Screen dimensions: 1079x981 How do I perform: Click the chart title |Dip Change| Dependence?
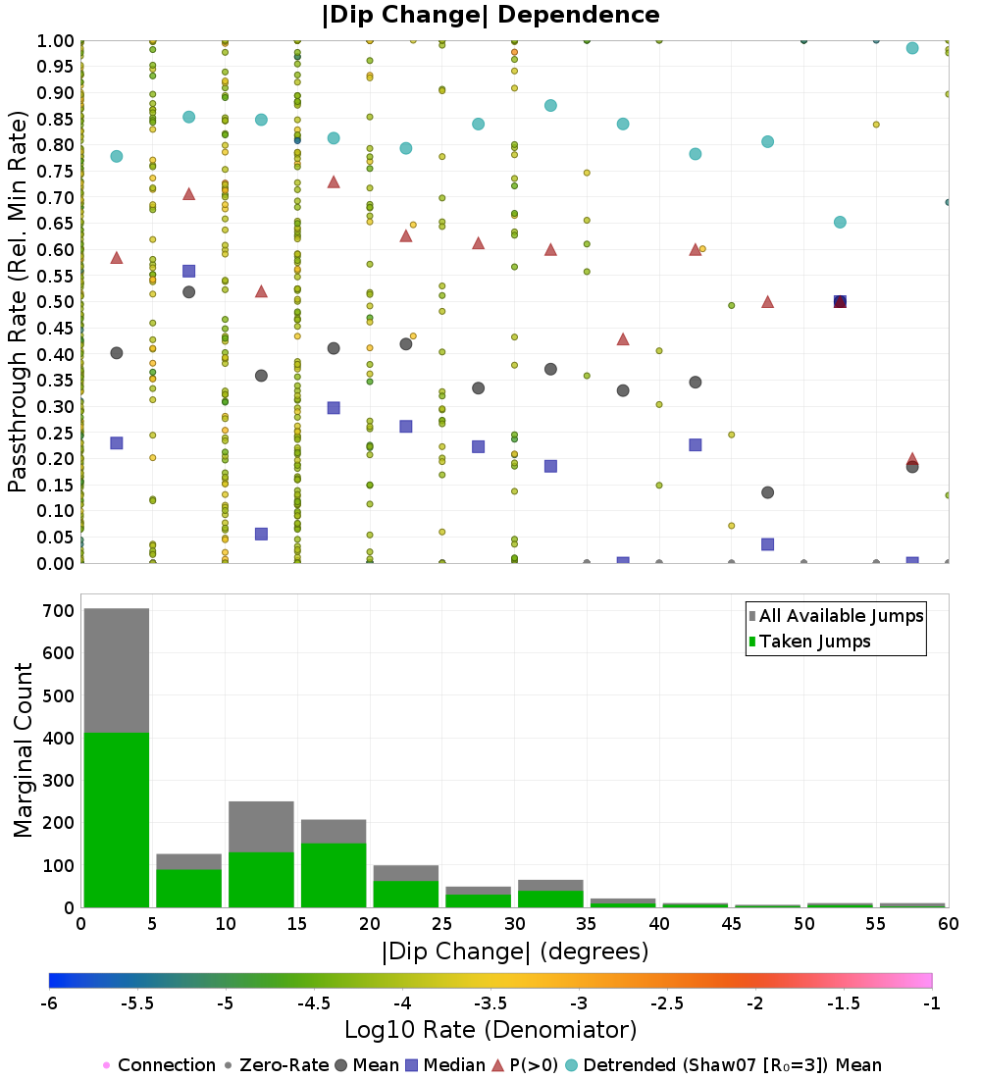(x=490, y=15)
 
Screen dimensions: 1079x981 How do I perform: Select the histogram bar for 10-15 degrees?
(x=261, y=854)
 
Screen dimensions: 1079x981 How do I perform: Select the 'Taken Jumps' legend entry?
(x=809, y=642)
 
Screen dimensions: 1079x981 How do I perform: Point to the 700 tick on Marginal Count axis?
(x=58, y=610)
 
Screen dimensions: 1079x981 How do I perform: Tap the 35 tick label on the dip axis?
(x=587, y=924)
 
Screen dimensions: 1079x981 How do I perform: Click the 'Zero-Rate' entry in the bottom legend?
(x=275, y=1065)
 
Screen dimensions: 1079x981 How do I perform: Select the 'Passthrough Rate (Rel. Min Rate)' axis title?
(x=19, y=301)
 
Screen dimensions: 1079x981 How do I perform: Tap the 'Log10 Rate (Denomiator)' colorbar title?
(x=490, y=1030)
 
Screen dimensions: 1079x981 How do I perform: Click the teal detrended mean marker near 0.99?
(x=912, y=48)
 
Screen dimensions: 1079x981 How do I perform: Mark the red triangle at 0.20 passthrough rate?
(x=912, y=459)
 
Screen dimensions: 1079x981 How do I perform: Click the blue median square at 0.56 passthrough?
(x=189, y=271)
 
